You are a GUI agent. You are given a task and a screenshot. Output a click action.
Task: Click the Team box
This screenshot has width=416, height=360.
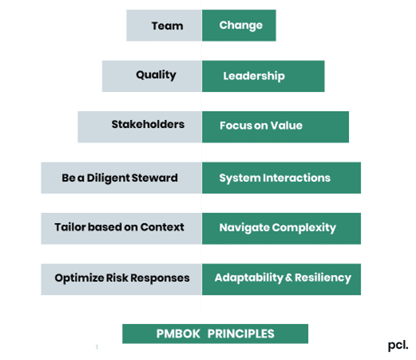(x=164, y=26)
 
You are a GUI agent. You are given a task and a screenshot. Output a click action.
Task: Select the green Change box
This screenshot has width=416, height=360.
(x=239, y=26)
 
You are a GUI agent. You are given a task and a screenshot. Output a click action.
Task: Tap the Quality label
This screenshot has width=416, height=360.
(x=156, y=75)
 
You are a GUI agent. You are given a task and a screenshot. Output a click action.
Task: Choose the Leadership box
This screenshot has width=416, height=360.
(x=263, y=76)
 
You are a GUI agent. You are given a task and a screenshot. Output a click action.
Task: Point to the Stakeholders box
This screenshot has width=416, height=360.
(x=140, y=127)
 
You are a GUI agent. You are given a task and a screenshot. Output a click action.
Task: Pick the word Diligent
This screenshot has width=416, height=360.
(x=108, y=178)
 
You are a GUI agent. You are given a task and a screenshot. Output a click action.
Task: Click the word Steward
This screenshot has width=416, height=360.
(x=154, y=178)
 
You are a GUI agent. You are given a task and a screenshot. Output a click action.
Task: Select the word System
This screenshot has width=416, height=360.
(x=240, y=178)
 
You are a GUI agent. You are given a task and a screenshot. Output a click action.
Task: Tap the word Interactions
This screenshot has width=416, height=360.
(x=296, y=178)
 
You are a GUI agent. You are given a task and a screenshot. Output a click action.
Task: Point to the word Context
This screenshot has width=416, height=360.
(x=162, y=227)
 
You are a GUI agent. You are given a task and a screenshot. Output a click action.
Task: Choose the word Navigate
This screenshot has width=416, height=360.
(x=244, y=228)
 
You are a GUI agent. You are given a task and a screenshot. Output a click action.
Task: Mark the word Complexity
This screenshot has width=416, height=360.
(x=304, y=228)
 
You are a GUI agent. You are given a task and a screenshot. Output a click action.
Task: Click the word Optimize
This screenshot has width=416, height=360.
(x=79, y=278)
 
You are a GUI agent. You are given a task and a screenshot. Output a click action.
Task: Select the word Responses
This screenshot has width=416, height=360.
(x=160, y=278)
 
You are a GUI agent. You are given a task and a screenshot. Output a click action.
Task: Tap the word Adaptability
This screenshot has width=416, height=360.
(x=249, y=278)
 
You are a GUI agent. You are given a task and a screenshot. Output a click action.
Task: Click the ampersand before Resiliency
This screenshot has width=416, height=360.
(x=289, y=278)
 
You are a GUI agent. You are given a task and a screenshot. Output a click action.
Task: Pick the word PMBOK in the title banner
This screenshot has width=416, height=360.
(x=178, y=334)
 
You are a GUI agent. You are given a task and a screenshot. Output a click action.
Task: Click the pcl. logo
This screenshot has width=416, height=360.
(x=398, y=346)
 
